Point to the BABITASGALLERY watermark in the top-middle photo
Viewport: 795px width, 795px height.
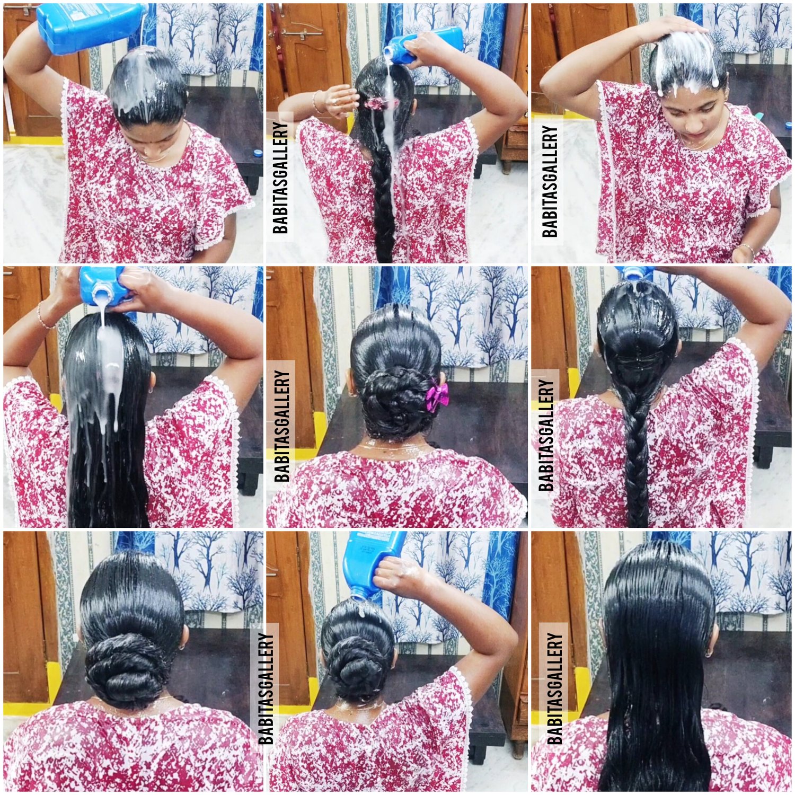[280, 178]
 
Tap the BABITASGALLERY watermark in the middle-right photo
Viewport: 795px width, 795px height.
[545, 435]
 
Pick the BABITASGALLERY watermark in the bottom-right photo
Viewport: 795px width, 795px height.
[554, 688]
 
